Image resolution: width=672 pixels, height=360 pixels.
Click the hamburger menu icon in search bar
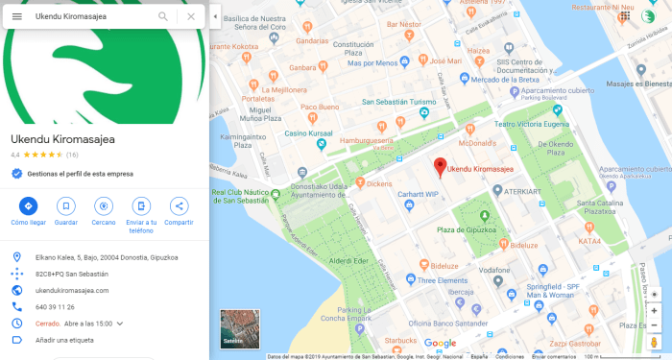16,16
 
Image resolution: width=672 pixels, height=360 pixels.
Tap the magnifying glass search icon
163,16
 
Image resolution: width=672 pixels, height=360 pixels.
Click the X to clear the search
191,16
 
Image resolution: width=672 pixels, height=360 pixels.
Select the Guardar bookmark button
65,205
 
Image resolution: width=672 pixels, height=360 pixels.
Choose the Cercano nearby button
104,205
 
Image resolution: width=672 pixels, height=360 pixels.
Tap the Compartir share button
179,205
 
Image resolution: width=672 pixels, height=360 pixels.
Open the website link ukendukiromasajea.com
72,290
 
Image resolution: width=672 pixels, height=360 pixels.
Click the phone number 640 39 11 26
55,307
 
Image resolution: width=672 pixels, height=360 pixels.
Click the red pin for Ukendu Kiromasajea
440,166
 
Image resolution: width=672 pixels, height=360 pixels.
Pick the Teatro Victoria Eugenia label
529,124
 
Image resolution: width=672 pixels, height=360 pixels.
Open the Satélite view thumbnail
239,327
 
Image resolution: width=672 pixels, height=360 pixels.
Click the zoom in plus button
655,310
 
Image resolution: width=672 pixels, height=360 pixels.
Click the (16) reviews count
72,155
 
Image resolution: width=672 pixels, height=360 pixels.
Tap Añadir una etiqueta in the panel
64,340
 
